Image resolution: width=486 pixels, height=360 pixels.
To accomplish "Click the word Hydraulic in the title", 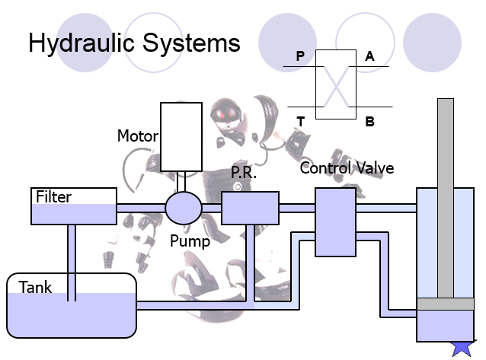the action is pyautogui.click(x=82, y=43).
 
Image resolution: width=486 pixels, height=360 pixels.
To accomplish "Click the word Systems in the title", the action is pyautogui.click(x=191, y=43).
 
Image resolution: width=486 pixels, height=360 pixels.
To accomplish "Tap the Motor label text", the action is pyautogui.click(x=138, y=136).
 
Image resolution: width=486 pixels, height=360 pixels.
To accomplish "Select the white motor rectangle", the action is pyautogui.click(x=181, y=137).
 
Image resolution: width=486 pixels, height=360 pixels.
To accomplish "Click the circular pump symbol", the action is pyautogui.click(x=184, y=208).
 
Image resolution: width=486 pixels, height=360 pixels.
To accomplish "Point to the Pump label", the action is pyautogui.click(x=190, y=241).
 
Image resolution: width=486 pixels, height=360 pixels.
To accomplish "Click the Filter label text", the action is pyautogui.click(x=53, y=196).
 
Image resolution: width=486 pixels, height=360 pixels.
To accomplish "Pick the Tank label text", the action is pyautogui.click(x=35, y=287).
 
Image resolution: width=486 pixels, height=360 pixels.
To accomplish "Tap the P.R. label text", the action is pyautogui.click(x=244, y=172).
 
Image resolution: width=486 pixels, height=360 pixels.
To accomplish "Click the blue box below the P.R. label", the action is pyautogui.click(x=250, y=208).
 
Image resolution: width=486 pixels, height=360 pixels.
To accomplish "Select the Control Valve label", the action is pyautogui.click(x=347, y=168).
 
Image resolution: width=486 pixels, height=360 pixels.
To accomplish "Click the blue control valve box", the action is pyautogui.click(x=335, y=222).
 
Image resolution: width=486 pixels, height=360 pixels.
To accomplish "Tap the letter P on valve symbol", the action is pyautogui.click(x=300, y=56).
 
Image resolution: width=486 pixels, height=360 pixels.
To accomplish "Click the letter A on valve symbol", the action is pyautogui.click(x=369, y=56).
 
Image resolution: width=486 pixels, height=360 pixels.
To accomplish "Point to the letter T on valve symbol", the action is pyautogui.click(x=300, y=122).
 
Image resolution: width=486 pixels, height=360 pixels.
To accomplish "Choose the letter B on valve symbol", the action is pyautogui.click(x=369, y=122).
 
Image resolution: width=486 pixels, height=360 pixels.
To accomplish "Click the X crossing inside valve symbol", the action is pyautogui.click(x=336, y=87).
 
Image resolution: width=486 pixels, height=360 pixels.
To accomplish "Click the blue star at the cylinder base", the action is pyautogui.click(x=462, y=349).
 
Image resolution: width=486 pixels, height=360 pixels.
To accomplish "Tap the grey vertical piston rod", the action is pyautogui.click(x=446, y=199).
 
